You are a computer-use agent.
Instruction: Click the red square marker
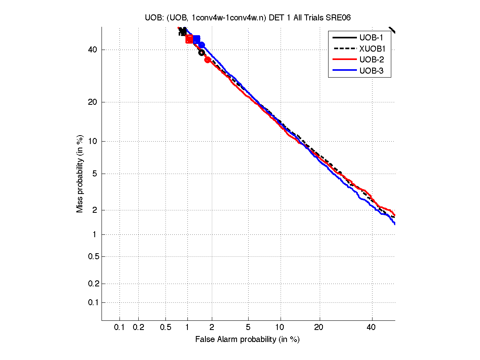(x=189, y=39)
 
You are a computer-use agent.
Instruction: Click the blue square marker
(x=196, y=39)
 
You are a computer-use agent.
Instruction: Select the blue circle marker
(x=202, y=45)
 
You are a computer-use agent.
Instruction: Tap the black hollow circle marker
(x=201, y=52)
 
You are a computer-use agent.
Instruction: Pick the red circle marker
(x=207, y=60)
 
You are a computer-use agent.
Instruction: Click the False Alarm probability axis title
(x=247, y=340)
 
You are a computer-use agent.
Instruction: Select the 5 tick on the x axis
(x=248, y=327)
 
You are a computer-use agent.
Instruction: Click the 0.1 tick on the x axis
(x=120, y=327)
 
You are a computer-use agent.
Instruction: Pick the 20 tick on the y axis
(x=93, y=102)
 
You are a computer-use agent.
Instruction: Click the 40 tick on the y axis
(x=93, y=50)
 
